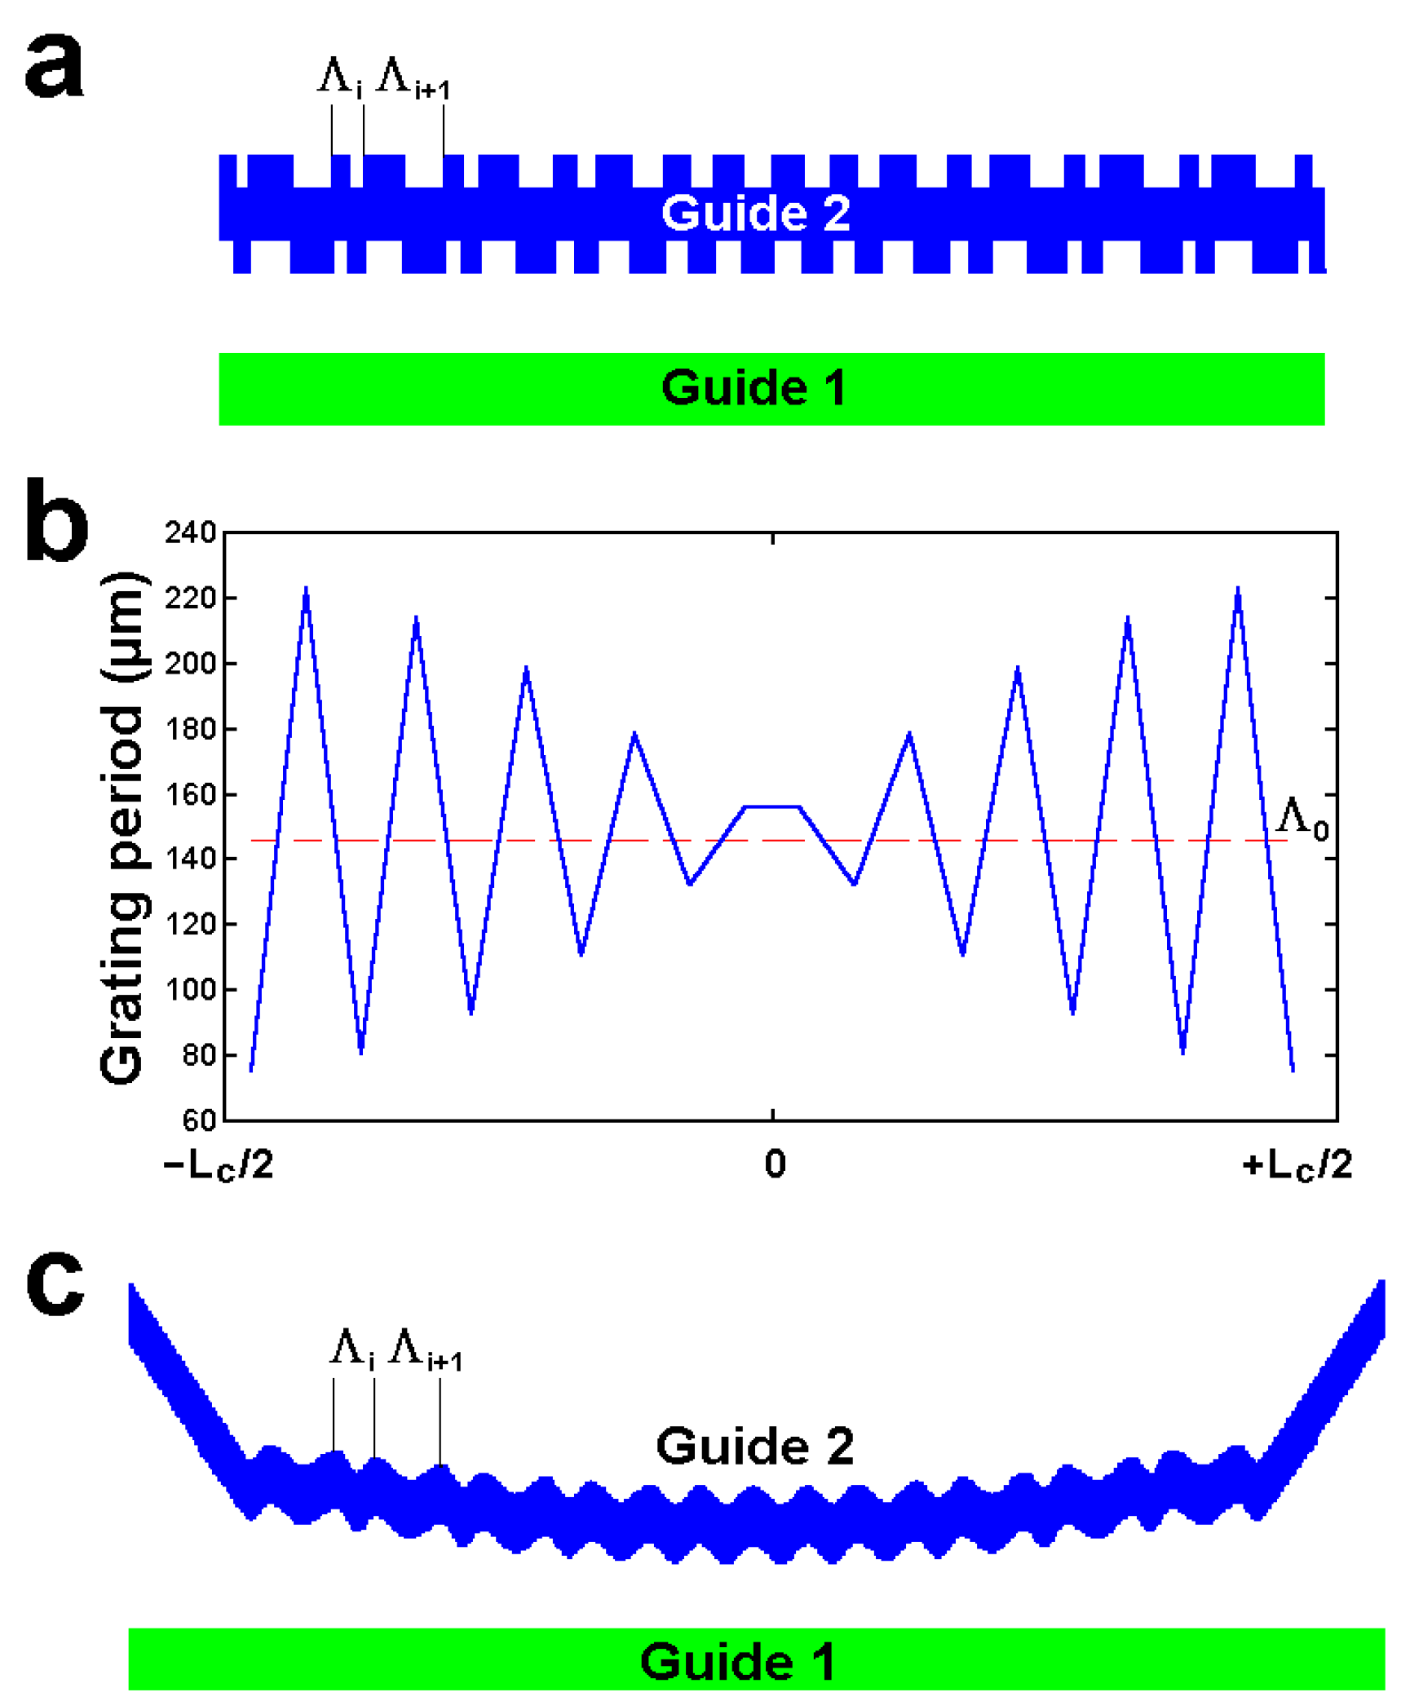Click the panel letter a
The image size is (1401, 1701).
54,67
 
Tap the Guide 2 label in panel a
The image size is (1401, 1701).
755,214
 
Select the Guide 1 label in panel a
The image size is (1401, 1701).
754,387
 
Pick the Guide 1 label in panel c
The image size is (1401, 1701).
737,1662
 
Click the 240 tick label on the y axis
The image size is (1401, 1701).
190,532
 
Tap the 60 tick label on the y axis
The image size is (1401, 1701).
198,1120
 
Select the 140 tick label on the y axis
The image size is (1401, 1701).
190,859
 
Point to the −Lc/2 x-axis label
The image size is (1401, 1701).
218,1164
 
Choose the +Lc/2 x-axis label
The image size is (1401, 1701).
1297,1164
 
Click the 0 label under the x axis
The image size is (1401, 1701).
775,1164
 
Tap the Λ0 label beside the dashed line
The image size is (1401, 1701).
1302,818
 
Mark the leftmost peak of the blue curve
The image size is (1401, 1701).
306,589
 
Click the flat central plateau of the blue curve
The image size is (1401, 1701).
771,807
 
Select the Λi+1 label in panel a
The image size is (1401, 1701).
413,78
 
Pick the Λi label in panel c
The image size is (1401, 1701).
351,1348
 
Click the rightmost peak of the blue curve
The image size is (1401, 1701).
1237,589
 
